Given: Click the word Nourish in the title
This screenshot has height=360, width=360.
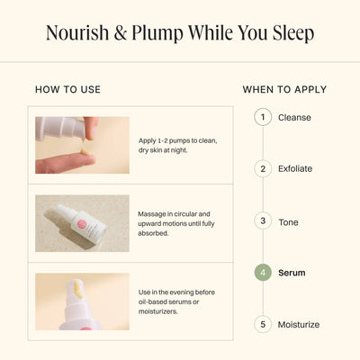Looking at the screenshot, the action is [77, 32].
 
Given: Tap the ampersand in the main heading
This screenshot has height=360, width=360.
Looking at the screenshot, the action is [121, 33].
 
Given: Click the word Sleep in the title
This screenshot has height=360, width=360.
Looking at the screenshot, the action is [293, 33].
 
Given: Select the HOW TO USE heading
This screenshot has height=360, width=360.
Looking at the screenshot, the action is [67, 89].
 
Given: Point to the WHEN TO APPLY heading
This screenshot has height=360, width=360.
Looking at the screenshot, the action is [284, 89].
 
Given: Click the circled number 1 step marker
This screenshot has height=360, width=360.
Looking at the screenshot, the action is [263, 117].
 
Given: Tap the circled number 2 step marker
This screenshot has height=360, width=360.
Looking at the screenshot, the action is [263, 168].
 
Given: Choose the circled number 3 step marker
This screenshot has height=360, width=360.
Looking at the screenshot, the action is [263, 221].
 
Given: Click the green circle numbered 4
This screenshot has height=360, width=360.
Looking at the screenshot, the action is [263, 273].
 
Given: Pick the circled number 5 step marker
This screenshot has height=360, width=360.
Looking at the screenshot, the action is [263, 324].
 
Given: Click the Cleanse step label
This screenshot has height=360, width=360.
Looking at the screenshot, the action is [294, 117].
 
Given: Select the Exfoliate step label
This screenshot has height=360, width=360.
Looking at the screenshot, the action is [295, 168].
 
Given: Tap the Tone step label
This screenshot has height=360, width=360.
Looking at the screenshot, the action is [288, 222].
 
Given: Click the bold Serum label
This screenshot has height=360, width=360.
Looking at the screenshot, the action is [292, 273].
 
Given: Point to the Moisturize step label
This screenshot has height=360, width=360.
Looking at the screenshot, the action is [299, 324].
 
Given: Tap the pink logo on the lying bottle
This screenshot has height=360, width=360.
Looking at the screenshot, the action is [82, 225].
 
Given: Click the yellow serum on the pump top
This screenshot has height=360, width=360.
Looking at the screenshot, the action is [78, 289].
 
